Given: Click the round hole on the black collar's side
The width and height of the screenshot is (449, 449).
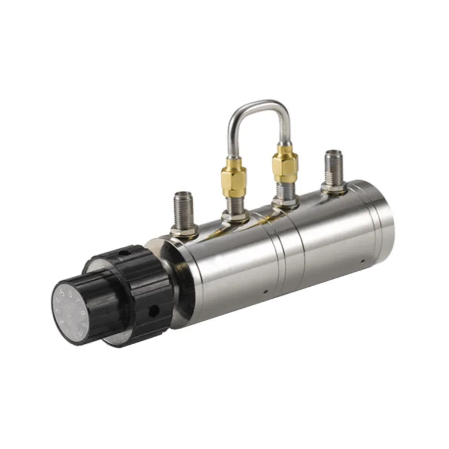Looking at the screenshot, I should pyautogui.click(x=154, y=311).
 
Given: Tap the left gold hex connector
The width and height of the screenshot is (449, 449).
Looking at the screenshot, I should pyautogui.click(x=233, y=178).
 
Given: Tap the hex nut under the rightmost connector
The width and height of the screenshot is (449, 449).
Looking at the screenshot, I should pyautogui.click(x=333, y=188).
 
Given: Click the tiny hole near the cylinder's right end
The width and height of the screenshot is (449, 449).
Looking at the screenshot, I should pyautogui.click(x=363, y=262).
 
